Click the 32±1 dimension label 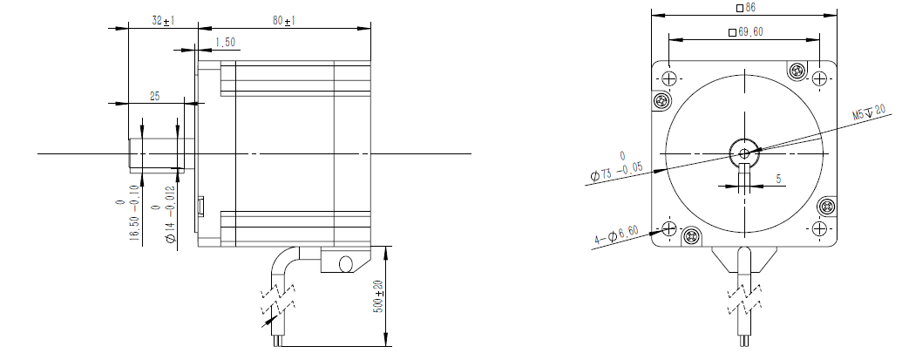163,21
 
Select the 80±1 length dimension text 284,21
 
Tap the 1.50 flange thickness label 225,43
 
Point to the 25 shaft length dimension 155,96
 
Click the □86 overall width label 746,8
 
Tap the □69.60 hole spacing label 745,32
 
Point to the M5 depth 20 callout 869,112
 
